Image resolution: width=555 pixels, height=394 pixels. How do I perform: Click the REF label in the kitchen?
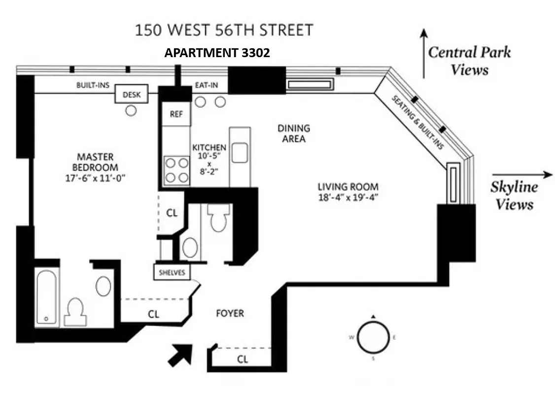176,114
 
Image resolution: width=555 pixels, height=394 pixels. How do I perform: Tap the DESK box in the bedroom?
131,95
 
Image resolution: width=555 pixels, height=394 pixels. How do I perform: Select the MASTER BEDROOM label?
95,162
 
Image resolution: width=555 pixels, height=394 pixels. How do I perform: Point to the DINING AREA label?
294,133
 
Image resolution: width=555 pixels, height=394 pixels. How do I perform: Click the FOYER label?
230,313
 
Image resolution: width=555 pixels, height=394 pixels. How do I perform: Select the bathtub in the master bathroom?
47,297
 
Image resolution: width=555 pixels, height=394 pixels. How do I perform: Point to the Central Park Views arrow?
423,53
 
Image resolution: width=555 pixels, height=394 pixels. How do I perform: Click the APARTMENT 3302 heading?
217,53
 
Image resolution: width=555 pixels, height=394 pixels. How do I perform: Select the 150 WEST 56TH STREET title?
224,30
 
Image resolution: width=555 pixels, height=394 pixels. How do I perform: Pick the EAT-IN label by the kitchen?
207,85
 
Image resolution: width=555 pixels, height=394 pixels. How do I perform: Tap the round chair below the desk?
131,111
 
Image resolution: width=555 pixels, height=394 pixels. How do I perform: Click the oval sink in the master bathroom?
104,286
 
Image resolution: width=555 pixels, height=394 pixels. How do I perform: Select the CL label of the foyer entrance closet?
242,359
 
